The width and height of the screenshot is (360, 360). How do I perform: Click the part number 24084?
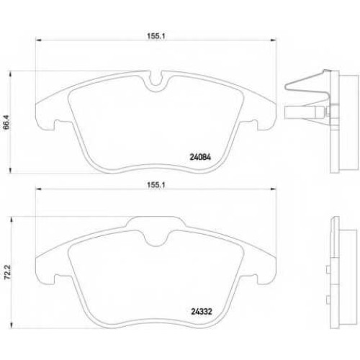point(200,157)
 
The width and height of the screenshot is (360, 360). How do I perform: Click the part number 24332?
point(202,312)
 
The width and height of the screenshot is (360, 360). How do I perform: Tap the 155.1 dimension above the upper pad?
point(156,36)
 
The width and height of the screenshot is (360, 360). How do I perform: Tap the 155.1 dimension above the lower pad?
point(156,185)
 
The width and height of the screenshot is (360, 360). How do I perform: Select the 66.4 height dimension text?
point(6,122)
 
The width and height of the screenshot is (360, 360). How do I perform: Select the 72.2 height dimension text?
point(8,272)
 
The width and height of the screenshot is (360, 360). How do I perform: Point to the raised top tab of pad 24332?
point(156,221)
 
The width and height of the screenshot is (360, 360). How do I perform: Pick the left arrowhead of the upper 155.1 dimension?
point(38,40)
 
